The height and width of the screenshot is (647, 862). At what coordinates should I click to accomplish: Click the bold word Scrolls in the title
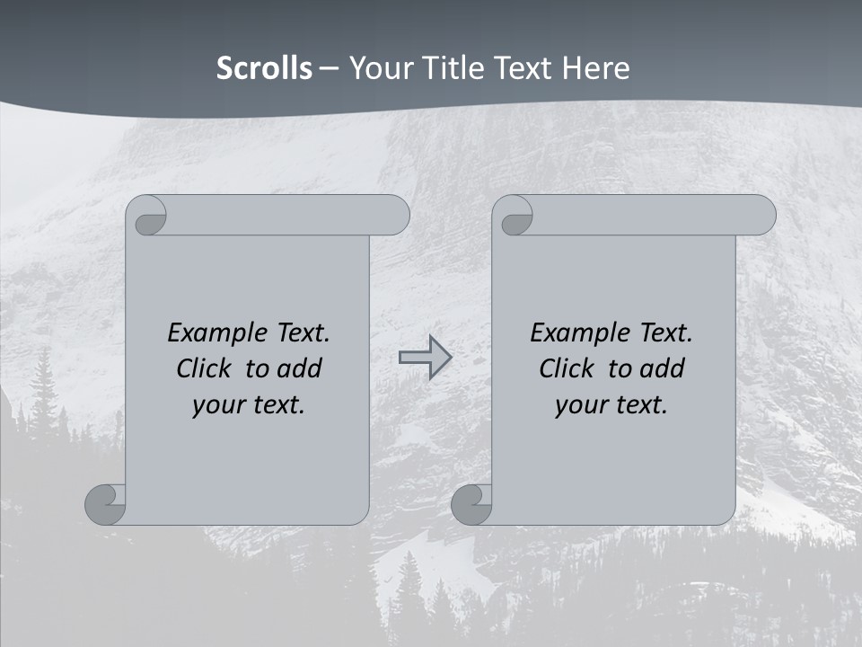[x=264, y=68]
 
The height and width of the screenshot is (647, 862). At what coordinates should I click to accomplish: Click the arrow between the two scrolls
[x=426, y=358]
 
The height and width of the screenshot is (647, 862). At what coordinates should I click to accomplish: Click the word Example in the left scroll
[x=209, y=333]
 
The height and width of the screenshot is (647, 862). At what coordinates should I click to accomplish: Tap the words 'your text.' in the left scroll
[x=249, y=405]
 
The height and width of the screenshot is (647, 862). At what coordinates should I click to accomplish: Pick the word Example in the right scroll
[x=572, y=333]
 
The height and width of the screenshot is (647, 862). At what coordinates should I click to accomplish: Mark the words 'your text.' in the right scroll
[x=611, y=405]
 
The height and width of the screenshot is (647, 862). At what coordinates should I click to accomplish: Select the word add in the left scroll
[x=301, y=368]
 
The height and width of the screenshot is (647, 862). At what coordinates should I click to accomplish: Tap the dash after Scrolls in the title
[x=329, y=68]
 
